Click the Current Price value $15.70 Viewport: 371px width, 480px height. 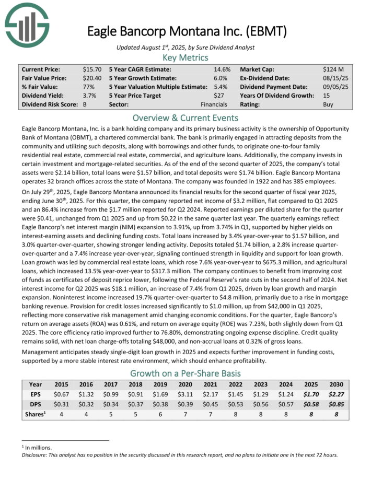click(91, 69)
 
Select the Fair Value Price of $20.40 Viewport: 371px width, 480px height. click(91, 78)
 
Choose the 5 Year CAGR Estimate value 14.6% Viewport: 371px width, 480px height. click(222, 69)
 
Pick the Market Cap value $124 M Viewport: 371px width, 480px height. click(332, 69)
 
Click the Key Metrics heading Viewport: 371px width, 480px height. click(185, 57)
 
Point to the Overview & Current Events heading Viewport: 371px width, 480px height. click(185, 118)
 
